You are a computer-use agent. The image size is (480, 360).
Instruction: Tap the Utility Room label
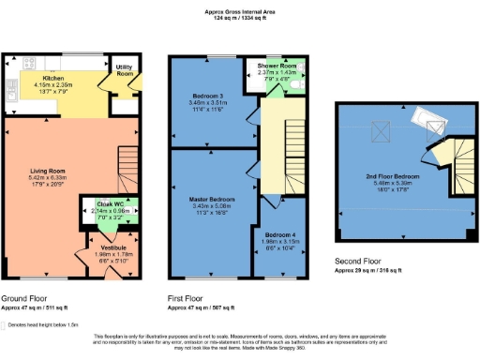[x=123, y=69]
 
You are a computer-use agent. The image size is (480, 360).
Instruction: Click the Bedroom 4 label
[x=278, y=233]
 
